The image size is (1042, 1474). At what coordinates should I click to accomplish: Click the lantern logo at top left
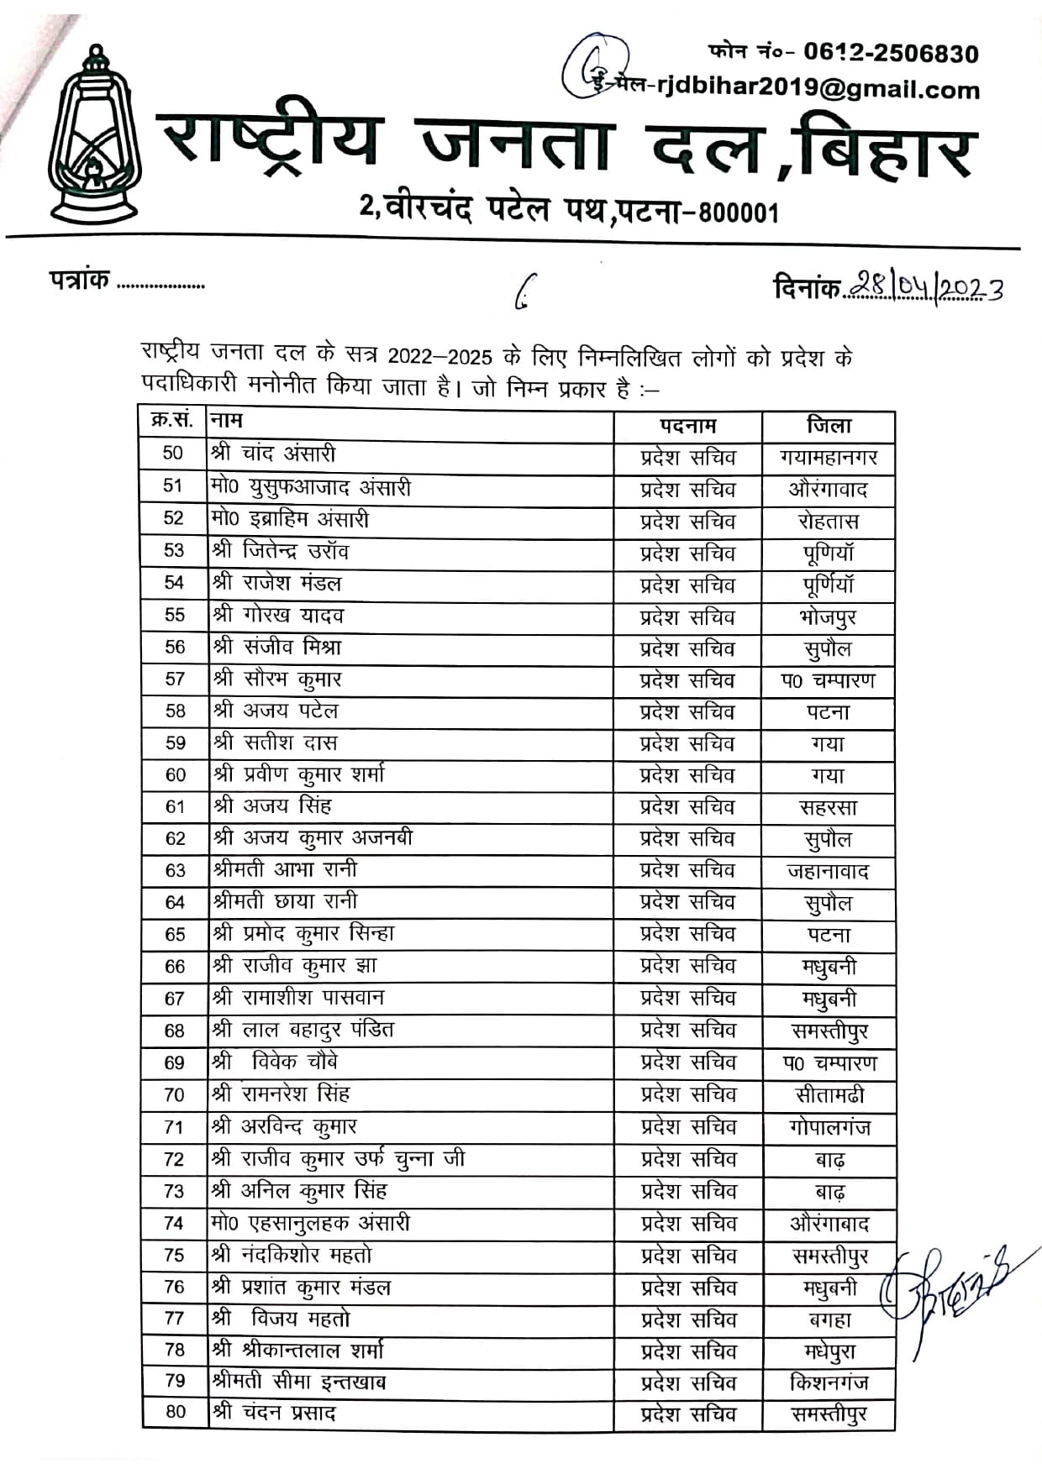pyautogui.click(x=93, y=135)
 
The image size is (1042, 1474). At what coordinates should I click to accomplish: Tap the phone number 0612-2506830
pyautogui.click(x=891, y=54)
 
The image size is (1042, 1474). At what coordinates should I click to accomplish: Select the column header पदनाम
pyautogui.click(x=687, y=426)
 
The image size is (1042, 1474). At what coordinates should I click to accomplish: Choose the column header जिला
pyautogui.click(x=829, y=426)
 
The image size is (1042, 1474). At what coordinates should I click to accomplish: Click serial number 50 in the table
pyautogui.click(x=173, y=454)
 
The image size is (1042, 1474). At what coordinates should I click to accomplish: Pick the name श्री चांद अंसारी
pyautogui.click(x=274, y=454)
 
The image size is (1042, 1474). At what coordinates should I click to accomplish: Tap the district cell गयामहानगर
pyautogui.click(x=829, y=458)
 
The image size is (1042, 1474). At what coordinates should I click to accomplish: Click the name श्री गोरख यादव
pyautogui.click(x=278, y=615)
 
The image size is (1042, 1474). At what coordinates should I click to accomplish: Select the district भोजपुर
pyautogui.click(x=829, y=618)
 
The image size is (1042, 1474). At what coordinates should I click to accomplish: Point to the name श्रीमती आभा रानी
pyautogui.click(x=286, y=869)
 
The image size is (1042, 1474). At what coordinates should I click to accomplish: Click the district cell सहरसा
pyautogui.click(x=829, y=808)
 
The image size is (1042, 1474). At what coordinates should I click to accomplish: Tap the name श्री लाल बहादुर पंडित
pyautogui.click(x=303, y=1030)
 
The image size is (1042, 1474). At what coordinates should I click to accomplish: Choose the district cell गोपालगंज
pyautogui.click(x=829, y=1127)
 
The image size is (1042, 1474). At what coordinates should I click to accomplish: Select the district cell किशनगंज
pyautogui.click(x=829, y=1382)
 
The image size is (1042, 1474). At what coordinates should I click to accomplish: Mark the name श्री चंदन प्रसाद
pyautogui.click(x=274, y=1413)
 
